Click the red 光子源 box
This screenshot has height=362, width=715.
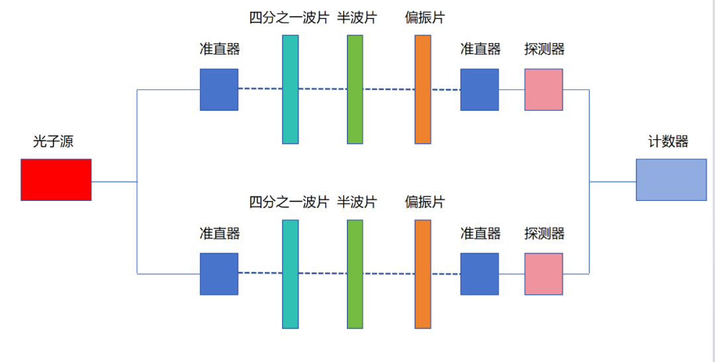56,180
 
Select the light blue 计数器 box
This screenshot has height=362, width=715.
671,180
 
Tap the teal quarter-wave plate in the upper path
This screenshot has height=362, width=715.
290,90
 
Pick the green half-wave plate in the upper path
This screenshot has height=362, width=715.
355,90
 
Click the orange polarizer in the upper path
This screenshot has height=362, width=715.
423,90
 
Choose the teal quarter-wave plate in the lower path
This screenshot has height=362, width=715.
290,274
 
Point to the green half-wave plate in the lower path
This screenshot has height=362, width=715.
355,274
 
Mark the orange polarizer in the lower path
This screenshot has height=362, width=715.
423,274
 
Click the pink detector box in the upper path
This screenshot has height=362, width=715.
544,90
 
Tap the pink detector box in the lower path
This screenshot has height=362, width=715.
544,274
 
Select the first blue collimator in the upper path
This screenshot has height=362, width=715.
219,90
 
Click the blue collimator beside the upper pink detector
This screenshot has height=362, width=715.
479,90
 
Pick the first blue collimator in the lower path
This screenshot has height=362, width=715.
219,274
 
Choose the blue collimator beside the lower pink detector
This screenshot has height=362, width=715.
479,274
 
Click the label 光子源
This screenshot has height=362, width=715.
53,141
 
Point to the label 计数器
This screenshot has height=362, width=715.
668,141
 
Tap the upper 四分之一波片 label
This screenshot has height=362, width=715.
289,18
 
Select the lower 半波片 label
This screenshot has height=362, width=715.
357,202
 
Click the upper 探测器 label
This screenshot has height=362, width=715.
544,49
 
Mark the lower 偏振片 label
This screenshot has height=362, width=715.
425,202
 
